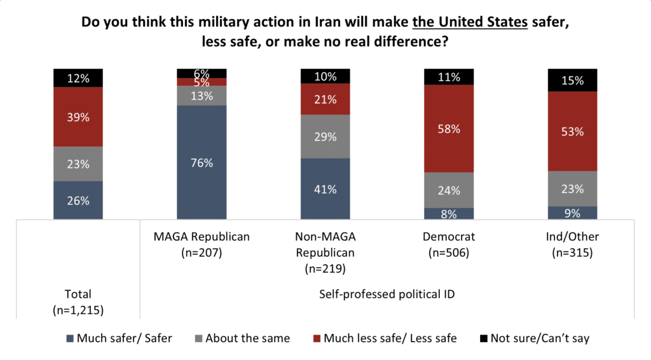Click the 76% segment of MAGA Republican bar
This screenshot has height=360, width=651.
click(202, 162)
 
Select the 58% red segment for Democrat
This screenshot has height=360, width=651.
click(449, 128)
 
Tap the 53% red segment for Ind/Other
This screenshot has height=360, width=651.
click(573, 131)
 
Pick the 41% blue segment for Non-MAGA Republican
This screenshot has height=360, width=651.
click(325, 188)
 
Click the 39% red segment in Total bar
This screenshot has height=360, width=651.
click(78, 116)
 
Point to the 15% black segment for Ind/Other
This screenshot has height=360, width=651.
click(573, 80)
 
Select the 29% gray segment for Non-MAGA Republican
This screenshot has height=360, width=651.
click(325, 136)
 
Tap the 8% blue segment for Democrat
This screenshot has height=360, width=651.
click(449, 214)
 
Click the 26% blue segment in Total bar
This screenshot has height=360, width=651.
click(78, 200)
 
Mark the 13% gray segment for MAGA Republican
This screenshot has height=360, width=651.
click(202, 95)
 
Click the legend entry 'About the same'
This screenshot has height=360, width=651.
click(242, 338)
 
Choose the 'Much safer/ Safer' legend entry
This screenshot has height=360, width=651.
click(119, 338)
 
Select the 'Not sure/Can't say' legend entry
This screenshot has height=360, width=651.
click(535, 338)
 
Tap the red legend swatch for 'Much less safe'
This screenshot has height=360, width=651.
click(317, 338)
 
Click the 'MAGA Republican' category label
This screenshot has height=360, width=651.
click(202, 237)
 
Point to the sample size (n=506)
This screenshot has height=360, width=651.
click(449, 253)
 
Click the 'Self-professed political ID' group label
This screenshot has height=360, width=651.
click(387, 294)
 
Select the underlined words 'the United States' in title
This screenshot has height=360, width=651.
click(470, 22)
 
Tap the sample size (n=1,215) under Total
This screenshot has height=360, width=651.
click(78, 310)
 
